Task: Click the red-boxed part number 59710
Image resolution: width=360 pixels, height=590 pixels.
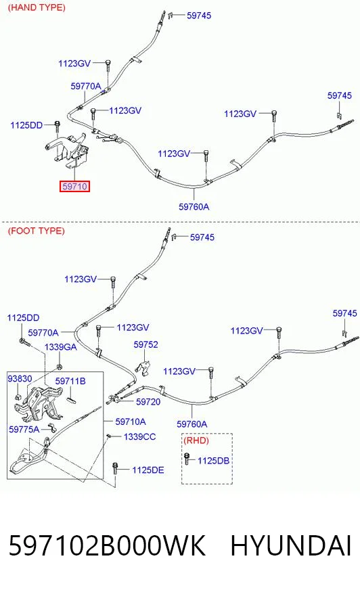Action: tap(74, 186)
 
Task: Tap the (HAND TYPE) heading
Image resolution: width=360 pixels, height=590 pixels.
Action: tap(37, 7)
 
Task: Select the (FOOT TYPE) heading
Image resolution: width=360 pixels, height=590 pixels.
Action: tap(36, 231)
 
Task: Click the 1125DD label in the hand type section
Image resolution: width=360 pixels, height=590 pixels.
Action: tap(26, 125)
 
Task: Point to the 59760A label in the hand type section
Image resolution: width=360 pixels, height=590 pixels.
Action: tap(194, 206)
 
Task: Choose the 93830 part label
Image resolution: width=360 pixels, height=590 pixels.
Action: tap(20, 378)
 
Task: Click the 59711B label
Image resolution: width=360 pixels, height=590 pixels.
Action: tap(70, 381)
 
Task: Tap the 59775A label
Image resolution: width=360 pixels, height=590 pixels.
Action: tap(24, 430)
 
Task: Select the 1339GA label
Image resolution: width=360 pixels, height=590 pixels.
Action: tap(61, 347)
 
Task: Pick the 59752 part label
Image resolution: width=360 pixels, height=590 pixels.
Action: tap(145, 344)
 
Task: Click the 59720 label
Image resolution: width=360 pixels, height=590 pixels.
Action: tap(148, 402)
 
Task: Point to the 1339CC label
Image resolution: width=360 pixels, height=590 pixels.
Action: tap(139, 437)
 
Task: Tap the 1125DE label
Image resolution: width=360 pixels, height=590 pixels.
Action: tap(148, 470)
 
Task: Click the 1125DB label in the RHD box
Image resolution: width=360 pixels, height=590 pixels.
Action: tap(213, 461)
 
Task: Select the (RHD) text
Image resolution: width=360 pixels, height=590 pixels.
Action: tap(196, 440)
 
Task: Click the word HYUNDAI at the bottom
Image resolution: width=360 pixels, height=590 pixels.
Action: tap(290, 546)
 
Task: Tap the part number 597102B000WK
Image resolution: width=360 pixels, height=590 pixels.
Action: tap(107, 546)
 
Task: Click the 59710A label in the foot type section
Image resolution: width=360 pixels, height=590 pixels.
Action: tap(131, 422)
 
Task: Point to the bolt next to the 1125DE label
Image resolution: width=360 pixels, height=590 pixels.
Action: tap(115, 469)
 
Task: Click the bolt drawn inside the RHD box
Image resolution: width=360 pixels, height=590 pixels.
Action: tap(187, 459)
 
